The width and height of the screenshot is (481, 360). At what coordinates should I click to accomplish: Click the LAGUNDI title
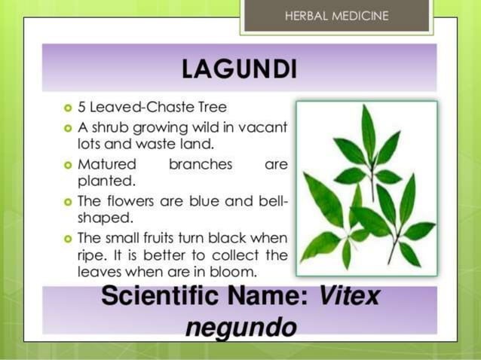(239, 70)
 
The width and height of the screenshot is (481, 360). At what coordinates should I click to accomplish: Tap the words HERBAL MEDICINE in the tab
(337, 15)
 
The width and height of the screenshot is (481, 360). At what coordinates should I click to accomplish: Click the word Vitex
(349, 297)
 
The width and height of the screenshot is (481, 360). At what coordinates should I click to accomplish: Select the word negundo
(240, 327)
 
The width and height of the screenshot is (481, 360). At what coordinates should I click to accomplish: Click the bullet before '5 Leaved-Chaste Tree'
(68, 107)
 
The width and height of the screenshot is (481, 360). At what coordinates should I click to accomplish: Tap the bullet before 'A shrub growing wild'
(68, 126)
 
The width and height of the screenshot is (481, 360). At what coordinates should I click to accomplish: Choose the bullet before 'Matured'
(68, 164)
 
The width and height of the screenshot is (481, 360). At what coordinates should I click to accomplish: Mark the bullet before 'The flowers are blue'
(68, 201)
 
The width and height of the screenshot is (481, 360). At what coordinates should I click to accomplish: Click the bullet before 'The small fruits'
(68, 238)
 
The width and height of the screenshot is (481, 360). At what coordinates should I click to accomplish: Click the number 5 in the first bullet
(82, 107)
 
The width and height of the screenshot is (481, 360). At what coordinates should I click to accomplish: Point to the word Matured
(107, 163)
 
